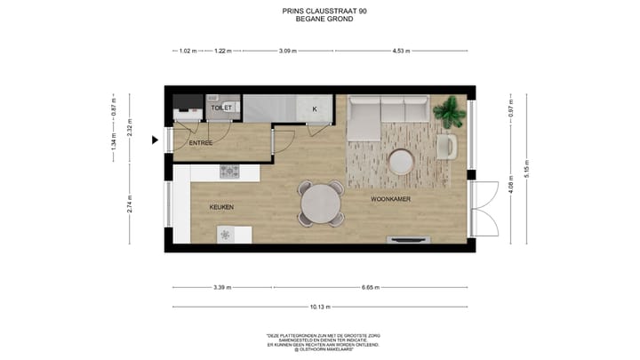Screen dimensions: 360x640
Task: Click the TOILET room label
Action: [221, 108]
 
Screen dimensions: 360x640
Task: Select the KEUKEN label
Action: [221, 207]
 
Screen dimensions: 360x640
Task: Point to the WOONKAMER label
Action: [390, 199]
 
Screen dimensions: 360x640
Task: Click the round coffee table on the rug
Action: [401, 161]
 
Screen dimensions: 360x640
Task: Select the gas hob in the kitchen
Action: [229, 171]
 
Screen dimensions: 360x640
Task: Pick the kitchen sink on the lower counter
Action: [225, 235]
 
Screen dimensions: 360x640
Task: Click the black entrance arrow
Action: [156, 140]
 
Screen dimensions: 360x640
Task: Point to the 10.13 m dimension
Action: [321, 307]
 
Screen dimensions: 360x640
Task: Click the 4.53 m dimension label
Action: [404, 51]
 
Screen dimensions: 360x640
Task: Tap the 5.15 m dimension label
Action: [526, 170]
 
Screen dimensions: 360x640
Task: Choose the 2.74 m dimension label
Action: [129, 207]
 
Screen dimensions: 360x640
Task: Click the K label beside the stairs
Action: [314, 108]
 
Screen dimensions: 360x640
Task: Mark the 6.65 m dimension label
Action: [371, 287]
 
